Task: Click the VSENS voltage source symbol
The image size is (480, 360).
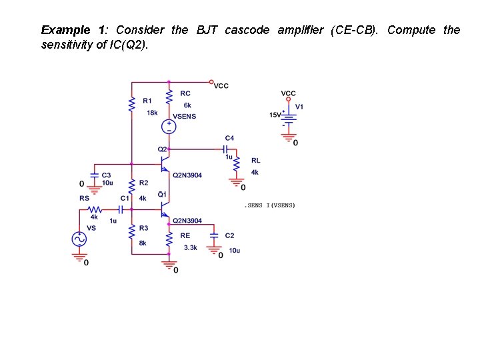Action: pyautogui.click(x=169, y=126)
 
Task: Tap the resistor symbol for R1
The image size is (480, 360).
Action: pyautogui.click(x=131, y=103)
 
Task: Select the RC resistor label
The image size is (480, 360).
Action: pyautogui.click(x=185, y=93)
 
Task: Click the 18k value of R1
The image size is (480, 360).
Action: pyautogui.click(x=152, y=113)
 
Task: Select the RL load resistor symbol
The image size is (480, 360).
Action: pyautogui.click(x=236, y=167)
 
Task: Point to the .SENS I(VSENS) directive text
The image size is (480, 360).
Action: pyautogui.click(x=271, y=205)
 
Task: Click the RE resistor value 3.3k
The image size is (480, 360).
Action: pyautogui.click(x=190, y=247)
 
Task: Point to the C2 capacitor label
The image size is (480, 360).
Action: pyautogui.click(x=229, y=236)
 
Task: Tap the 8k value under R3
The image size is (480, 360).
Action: pyautogui.click(x=143, y=243)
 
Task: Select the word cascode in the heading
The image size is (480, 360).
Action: pyautogui.click(x=247, y=30)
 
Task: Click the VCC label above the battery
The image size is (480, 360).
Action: pyautogui.click(x=288, y=93)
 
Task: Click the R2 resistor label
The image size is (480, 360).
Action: pyautogui.click(x=143, y=183)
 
